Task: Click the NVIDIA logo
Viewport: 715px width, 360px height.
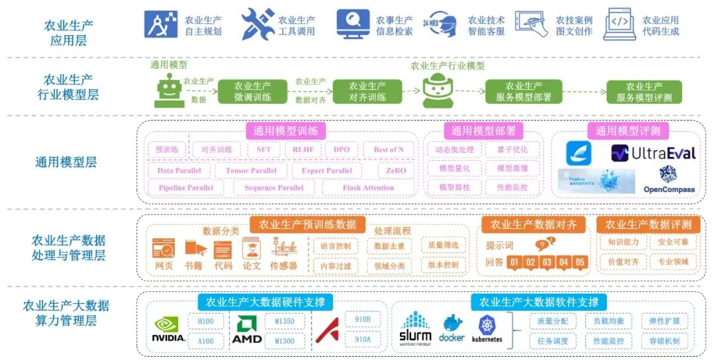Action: point(169,329)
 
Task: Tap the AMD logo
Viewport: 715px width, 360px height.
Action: point(247,329)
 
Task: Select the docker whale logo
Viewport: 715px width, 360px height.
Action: point(452,328)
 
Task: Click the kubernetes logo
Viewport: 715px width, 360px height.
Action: point(487,328)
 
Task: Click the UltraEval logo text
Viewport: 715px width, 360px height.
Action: point(653,154)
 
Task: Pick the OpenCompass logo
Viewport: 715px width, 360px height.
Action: point(669,179)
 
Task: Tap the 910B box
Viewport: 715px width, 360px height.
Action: point(363,319)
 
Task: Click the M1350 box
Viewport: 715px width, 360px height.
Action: point(285,322)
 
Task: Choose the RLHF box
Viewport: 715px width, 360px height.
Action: point(303,150)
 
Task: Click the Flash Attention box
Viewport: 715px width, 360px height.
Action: point(368,188)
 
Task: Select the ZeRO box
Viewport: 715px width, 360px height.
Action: point(392,170)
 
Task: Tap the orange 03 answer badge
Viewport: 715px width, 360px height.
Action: point(547,262)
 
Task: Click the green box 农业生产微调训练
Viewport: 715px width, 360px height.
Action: point(252,91)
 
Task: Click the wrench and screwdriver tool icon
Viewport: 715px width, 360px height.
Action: point(258,24)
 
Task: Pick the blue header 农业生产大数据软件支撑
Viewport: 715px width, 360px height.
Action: point(538,302)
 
